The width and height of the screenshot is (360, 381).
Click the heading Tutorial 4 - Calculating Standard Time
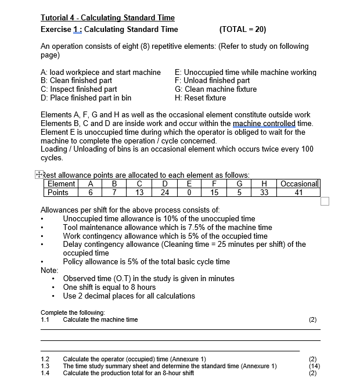click(x=107, y=18)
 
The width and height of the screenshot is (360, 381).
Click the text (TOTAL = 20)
click(x=243, y=30)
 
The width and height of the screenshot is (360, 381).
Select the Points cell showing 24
click(x=164, y=193)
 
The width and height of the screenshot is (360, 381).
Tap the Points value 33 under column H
click(x=264, y=193)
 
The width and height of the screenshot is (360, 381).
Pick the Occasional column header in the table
click(x=299, y=184)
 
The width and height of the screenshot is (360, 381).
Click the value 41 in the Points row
click(x=298, y=193)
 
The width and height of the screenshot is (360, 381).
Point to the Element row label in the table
click(x=61, y=184)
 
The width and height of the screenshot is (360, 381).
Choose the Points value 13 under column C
click(x=139, y=193)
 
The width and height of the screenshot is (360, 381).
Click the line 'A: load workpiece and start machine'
click(x=100, y=72)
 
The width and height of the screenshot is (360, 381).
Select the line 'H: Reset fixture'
click(x=200, y=98)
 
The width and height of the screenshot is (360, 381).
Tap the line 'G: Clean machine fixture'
click(x=215, y=89)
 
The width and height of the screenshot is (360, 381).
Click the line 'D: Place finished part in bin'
click(x=86, y=98)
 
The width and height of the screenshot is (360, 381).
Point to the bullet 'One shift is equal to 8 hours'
click(x=109, y=287)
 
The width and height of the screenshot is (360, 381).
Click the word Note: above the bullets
click(x=49, y=269)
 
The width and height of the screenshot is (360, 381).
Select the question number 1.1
click(x=45, y=319)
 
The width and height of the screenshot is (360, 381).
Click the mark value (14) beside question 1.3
click(x=314, y=366)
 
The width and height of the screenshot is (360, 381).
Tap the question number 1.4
click(x=45, y=373)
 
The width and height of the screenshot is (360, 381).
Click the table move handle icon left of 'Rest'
click(x=38, y=174)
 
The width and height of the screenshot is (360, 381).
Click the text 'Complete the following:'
click(x=72, y=312)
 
